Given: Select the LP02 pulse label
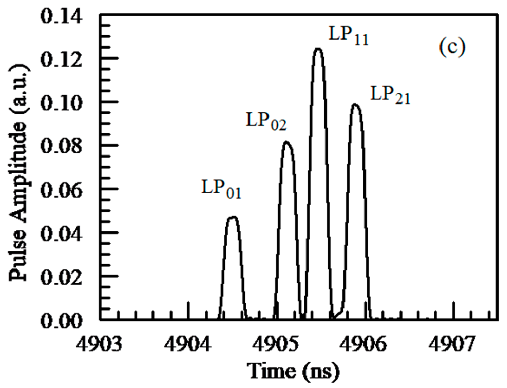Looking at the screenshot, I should [266, 121].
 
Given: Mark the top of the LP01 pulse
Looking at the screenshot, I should [233, 217].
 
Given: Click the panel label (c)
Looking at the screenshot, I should [452, 48].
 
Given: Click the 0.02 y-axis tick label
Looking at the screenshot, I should [62, 277].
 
